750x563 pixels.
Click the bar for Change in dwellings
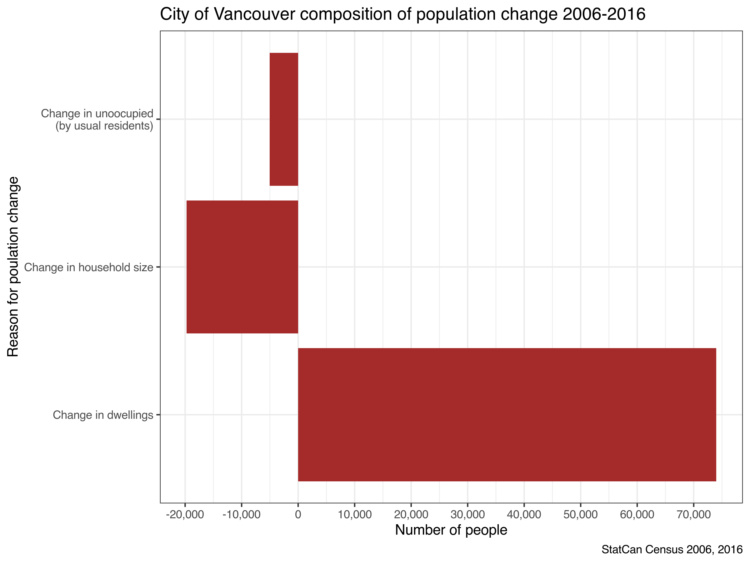point(507,415)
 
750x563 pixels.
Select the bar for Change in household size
point(242,267)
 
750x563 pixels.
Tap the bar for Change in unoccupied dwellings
point(284,119)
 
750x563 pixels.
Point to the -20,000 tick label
point(185,515)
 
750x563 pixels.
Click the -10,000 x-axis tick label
point(242,515)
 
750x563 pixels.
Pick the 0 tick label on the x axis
point(298,515)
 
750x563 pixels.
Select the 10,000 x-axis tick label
point(355,515)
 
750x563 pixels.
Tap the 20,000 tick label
point(411,515)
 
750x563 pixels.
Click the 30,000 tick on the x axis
point(467,515)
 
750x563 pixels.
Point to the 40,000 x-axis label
point(524,515)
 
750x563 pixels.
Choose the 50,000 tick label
point(581,515)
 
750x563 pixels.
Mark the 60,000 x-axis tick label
point(637,515)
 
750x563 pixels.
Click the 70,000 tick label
point(693,515)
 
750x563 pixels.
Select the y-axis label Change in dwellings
point(103,415)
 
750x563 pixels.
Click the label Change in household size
point(89,267)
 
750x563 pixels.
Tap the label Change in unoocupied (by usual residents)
point(97,119)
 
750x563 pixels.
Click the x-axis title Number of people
point(451,530)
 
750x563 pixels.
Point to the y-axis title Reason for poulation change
point(13,267)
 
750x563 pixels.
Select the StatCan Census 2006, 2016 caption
point(672,550)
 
